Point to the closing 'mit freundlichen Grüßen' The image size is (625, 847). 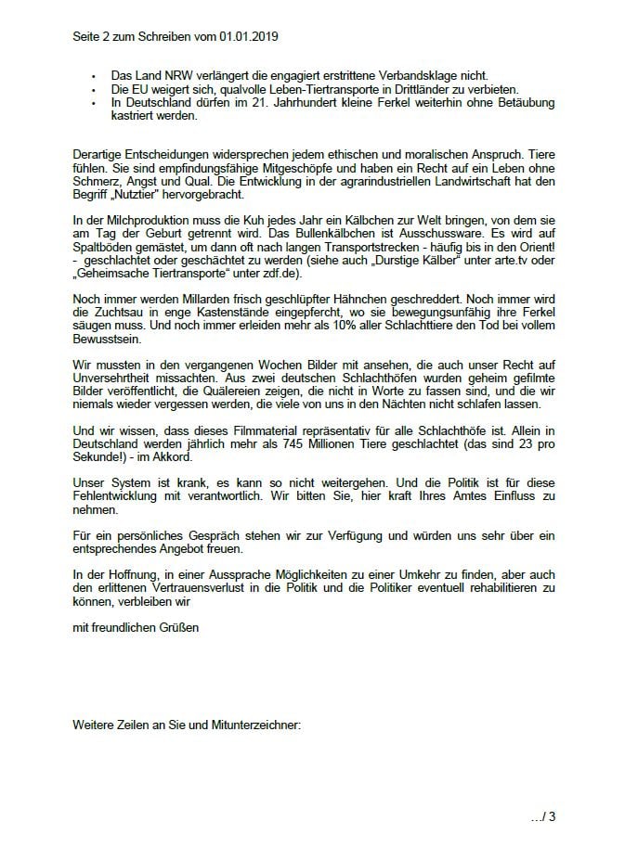tap(136, 628)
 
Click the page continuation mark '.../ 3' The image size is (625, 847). tap(542, 816)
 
